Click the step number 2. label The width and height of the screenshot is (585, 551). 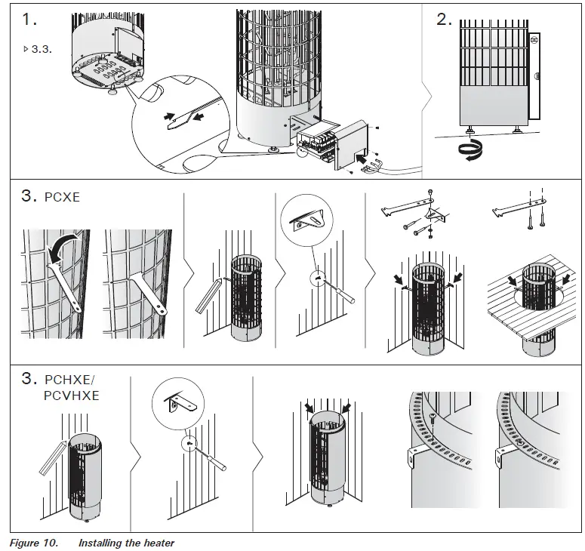445,20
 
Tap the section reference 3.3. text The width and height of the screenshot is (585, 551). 38,49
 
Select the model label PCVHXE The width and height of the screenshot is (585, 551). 72,395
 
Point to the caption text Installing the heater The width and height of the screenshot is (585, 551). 126,543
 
